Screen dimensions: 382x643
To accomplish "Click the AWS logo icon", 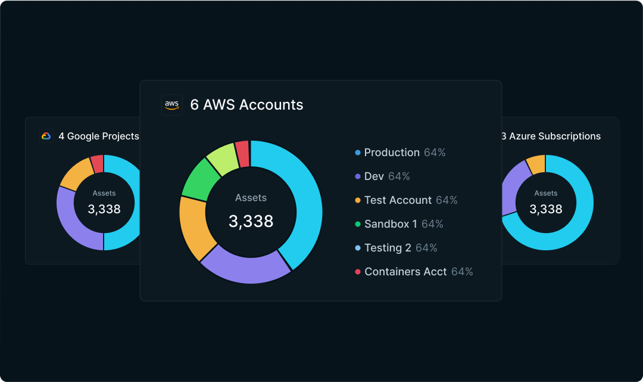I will (x=171, y=105).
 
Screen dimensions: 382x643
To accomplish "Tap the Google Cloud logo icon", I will (x=46, y=136).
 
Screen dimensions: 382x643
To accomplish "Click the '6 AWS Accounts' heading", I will (x=246, y=105).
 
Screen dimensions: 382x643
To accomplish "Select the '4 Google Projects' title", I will (x=99, y=136).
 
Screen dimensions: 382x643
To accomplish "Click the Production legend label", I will (x=392, y=153).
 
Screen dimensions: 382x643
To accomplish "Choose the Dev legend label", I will (x=374, y=176).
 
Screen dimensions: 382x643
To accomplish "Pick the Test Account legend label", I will (x=398, y=200).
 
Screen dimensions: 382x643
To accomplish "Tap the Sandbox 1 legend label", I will (x=391, y=224).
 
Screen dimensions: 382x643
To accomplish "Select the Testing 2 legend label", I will (x=388, y=248).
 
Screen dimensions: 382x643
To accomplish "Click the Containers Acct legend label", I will (x=405, y=272).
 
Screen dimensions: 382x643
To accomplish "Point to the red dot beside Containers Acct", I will (x=358, y=272).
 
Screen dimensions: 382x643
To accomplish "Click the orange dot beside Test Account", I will (x=358, y=200).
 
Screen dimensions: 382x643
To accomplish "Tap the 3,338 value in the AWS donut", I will (x=251, y=221).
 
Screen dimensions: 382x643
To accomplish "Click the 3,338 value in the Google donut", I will (x=104, y=209).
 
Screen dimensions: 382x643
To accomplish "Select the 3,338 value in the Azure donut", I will (x=546, y=209).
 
